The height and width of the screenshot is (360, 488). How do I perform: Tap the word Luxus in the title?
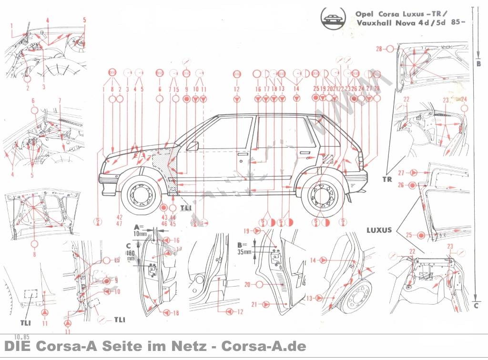coord(410,13)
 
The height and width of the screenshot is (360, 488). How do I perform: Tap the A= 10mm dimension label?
coord(141,230)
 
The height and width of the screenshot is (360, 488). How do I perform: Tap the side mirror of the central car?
coord(193,146)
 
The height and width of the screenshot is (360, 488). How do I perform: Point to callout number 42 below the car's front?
coord(119,217)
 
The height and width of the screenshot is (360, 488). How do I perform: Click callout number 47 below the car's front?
coord(119,223)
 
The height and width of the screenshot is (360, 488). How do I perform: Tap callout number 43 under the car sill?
coord(163,217)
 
